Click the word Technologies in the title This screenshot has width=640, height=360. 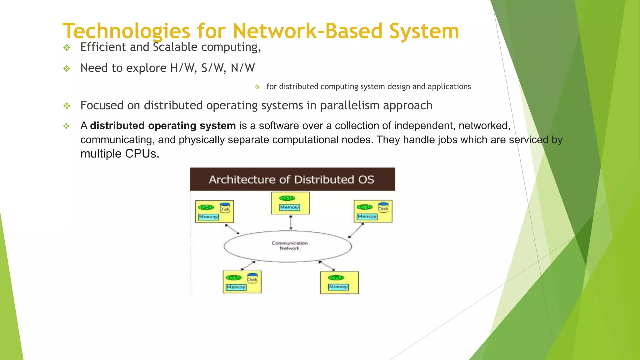(x=126, y=31)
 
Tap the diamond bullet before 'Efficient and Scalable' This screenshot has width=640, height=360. (x=67, y=48)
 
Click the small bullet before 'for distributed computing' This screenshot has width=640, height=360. (x=257, y=87)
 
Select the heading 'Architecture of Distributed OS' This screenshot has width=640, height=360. (x=292, y=180)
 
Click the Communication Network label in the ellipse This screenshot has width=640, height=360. (x=289, y=246)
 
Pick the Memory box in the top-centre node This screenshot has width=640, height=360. (x=289, y=207)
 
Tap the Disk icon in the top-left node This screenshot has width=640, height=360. (x=225, y=208)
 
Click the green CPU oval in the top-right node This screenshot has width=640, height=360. (x=365, y=207)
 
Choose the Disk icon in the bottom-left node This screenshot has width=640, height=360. (x=252, y=278)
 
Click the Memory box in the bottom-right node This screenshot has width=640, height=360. (x=338, y=287)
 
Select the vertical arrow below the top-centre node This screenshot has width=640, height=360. (x=291, y=222)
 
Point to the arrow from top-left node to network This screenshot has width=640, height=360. (x=232, y=229)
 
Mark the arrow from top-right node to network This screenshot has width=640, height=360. (x=356, y=231)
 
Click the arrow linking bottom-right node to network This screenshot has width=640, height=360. (x=327, y=266)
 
